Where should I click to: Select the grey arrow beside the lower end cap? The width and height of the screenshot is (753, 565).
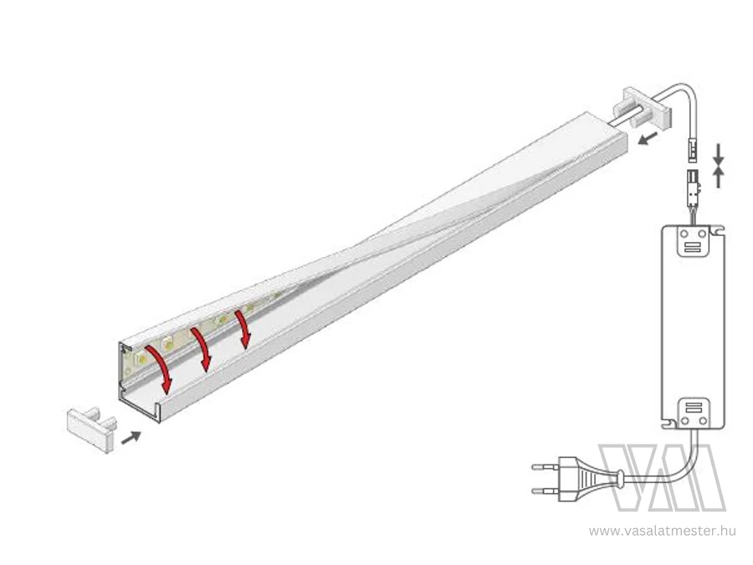click(x=131, y=438)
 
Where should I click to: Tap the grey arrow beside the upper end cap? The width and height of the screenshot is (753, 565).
click(x=648, y=139)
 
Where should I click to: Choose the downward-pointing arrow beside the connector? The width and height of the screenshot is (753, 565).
click(x=718, y=154)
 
